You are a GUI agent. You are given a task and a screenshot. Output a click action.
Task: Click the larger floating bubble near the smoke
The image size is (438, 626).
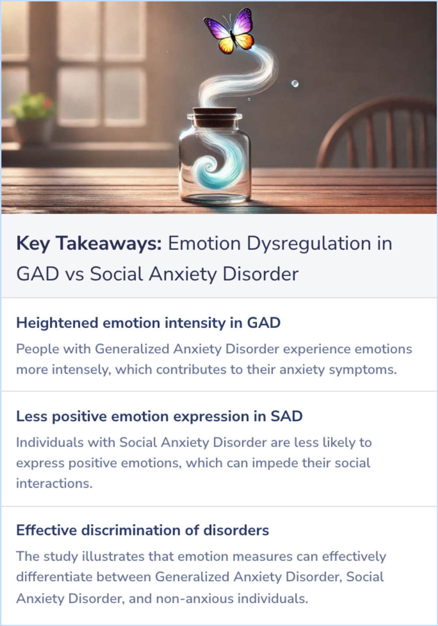tap(295, 84)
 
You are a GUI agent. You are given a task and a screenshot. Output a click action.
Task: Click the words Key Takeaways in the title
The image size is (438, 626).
tap(89, 244)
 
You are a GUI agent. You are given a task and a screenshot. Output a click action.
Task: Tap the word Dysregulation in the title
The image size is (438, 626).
tap(309, 244)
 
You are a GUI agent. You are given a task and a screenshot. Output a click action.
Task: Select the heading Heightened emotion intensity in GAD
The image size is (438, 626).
tap(148, 323)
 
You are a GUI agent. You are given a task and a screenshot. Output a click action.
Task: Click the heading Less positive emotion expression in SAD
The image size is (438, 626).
tap(159, 416)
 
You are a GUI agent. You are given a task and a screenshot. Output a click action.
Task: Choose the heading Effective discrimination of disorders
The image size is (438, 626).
tap(142, 530)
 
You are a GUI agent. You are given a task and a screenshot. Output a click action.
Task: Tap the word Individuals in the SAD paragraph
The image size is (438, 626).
tap(50, 442)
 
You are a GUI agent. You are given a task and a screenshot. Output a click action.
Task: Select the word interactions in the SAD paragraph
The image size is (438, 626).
tap(54, 483)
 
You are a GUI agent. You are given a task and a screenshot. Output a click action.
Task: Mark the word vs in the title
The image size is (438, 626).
tap(74, 274)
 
